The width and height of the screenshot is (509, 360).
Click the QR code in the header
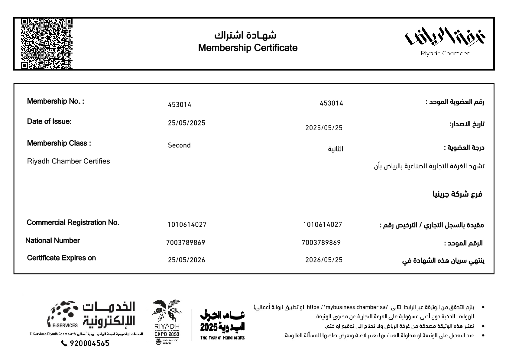[x=47, y=44]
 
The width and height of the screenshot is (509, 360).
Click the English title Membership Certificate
[x=248, y=48]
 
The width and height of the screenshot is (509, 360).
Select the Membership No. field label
[x=56, y=101]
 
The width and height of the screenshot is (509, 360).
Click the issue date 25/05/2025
[x=186, y=123]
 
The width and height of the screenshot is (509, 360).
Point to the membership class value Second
[x=179, y=145]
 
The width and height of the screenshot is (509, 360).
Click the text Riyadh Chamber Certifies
[x=69, y=161]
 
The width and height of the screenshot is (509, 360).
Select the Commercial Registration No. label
[x=73, y=223]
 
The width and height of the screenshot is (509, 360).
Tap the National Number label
[x=53, y=241]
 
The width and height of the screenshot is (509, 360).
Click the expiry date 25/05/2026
[x=186, y=260]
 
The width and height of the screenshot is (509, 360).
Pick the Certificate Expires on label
[x=61, y=258]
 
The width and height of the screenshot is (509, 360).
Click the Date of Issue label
[x=49, y=122]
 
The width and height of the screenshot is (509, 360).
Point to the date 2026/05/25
[x=324, y=260]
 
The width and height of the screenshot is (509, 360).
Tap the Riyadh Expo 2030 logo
[x=167, y=322]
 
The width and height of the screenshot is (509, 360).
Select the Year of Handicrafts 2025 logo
[x=222, y=325]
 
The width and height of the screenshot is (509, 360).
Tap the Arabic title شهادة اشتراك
[x=245, y=35]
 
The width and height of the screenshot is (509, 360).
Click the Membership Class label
[x=59, y=143]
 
